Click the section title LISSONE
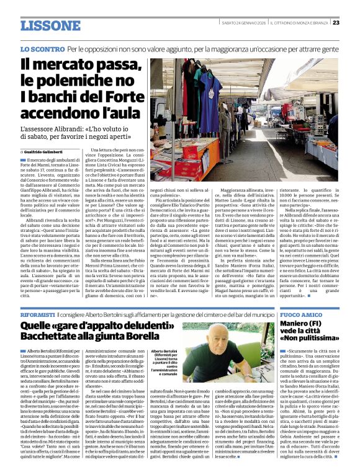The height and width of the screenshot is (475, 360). coord(50,25)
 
